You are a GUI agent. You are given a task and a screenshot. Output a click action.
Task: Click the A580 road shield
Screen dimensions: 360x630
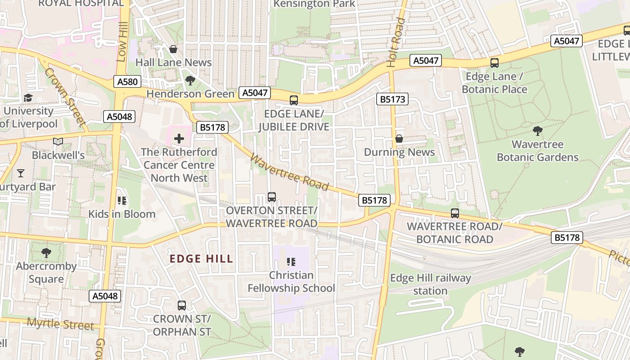click(127, 81)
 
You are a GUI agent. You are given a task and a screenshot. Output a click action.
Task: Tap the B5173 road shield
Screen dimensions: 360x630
click(393, 99)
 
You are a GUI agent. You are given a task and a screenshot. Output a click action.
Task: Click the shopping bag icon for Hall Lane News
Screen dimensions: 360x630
click(173, 49)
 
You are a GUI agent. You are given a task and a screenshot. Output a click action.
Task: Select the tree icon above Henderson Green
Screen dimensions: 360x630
click(190, 81)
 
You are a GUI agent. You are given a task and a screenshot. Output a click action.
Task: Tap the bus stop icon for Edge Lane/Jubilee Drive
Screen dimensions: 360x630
click(294, 100)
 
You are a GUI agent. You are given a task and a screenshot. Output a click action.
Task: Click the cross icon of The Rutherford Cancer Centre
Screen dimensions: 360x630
click(179, 139)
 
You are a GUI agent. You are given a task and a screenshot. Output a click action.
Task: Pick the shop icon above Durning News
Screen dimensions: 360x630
click(399, 139)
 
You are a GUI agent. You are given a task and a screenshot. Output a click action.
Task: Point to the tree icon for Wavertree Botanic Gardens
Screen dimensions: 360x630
click(537, 131)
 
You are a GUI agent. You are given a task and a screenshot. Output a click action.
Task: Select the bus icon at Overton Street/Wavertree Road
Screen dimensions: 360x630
click(272, 197)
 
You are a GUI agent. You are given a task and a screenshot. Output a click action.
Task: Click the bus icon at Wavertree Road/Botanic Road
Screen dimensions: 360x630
click(455, 213)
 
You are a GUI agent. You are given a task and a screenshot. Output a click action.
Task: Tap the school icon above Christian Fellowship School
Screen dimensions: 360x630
click(291, 261)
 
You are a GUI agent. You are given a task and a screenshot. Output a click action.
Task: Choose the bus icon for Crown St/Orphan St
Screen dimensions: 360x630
click(182, 306)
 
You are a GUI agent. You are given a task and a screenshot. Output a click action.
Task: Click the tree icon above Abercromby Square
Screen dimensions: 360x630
click(46, 253)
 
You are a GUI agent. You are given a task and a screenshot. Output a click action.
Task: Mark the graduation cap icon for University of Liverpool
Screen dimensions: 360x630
click(28, 98)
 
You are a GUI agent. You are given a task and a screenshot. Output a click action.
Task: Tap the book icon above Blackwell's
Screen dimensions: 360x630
click(58, 142)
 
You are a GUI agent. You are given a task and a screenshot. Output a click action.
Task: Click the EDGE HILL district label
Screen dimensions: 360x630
click(201, 259)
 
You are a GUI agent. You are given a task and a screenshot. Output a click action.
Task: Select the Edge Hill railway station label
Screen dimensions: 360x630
click(430, 284)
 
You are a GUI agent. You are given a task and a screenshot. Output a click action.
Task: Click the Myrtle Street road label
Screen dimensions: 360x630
click(60, 324)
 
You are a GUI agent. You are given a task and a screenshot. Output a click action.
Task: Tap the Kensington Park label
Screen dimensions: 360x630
click(314, 4)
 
